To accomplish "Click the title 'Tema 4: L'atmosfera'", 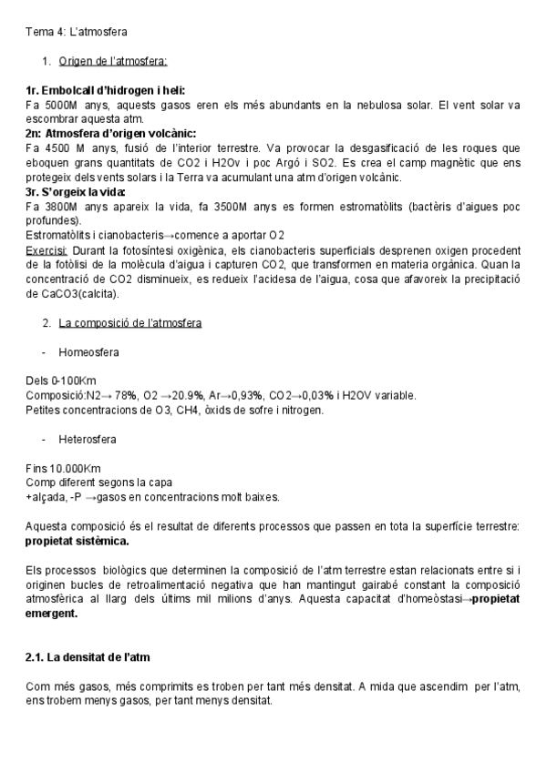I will [77, 32].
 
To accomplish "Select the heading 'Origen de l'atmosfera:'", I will [112, 62].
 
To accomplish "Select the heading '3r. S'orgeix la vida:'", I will [77, 192].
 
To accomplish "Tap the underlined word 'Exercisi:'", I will [46, 250].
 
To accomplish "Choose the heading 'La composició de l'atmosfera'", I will [129, 323].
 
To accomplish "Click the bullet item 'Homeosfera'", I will [88, 351].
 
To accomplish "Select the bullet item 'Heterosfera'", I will [87, 440].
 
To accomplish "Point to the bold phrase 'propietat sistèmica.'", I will [77, 541].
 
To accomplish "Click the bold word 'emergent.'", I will [51, 614].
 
